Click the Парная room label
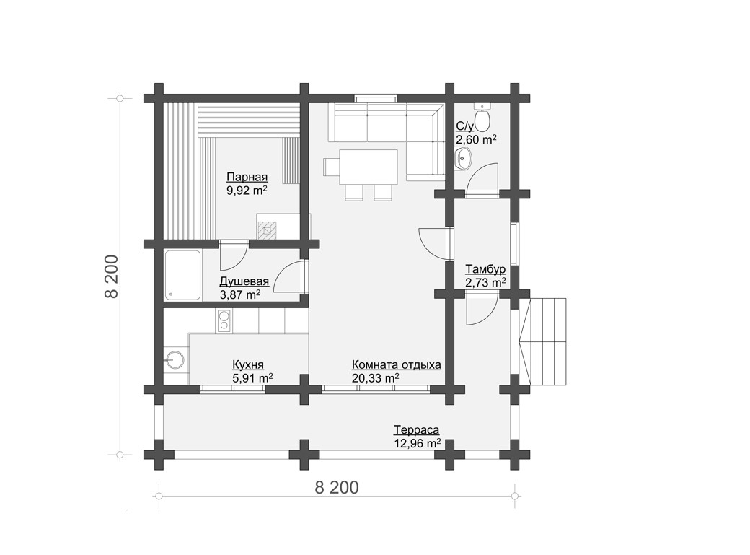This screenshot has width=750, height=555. click(x=247, y=177)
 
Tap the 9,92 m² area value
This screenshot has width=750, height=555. click(x=247, y=191)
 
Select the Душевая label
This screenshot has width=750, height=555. click(x=244, y=281)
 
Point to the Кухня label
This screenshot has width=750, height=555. click(x=248, y=365)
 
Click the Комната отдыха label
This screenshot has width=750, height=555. click(x=397, y=365)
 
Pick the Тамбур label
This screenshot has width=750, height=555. click(x=485, y=268)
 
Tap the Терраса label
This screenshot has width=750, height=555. click(x=417, y=430)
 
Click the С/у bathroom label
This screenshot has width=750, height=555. click(x=465, y=126)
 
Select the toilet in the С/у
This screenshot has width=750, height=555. click(x=482, y=118)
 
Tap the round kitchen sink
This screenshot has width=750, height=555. click(x=175, y=359)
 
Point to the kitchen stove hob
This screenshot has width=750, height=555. click(x=224, y=320)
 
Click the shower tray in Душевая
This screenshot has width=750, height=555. click(x=182, y=276)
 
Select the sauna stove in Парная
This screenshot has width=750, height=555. click(x=268, y=230)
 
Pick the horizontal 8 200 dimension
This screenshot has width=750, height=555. click(x=337, y=487)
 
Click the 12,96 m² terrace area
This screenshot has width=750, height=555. click(x=417, y=443)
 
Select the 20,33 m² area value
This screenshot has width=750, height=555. click(x=376, y=378)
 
